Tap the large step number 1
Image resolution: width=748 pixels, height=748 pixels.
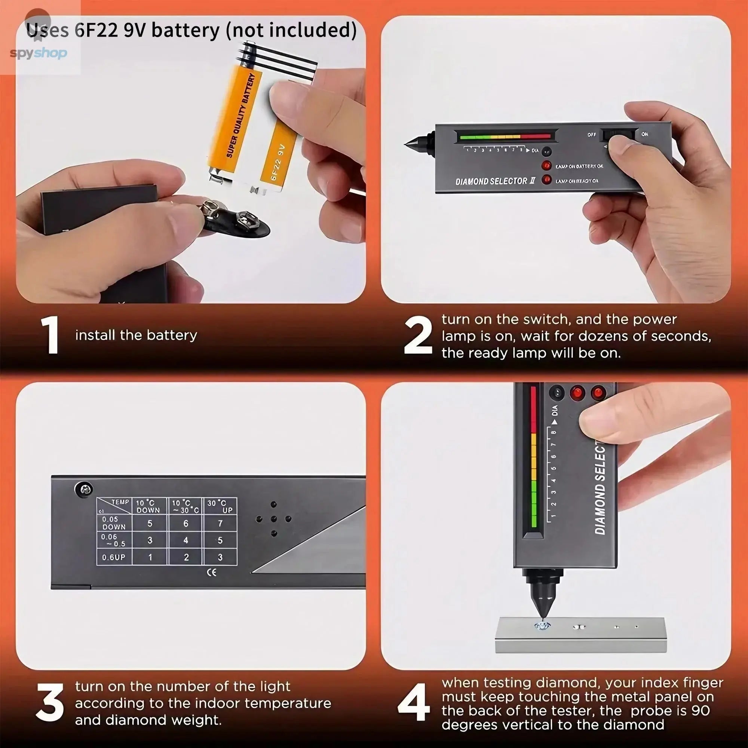point(51,335)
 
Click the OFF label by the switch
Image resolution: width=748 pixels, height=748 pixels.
point(591,135)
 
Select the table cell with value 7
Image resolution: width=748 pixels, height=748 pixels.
point(220,524)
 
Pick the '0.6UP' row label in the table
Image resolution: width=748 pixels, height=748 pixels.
point(113,558)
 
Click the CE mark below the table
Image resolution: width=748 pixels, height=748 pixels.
point(212,572)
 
